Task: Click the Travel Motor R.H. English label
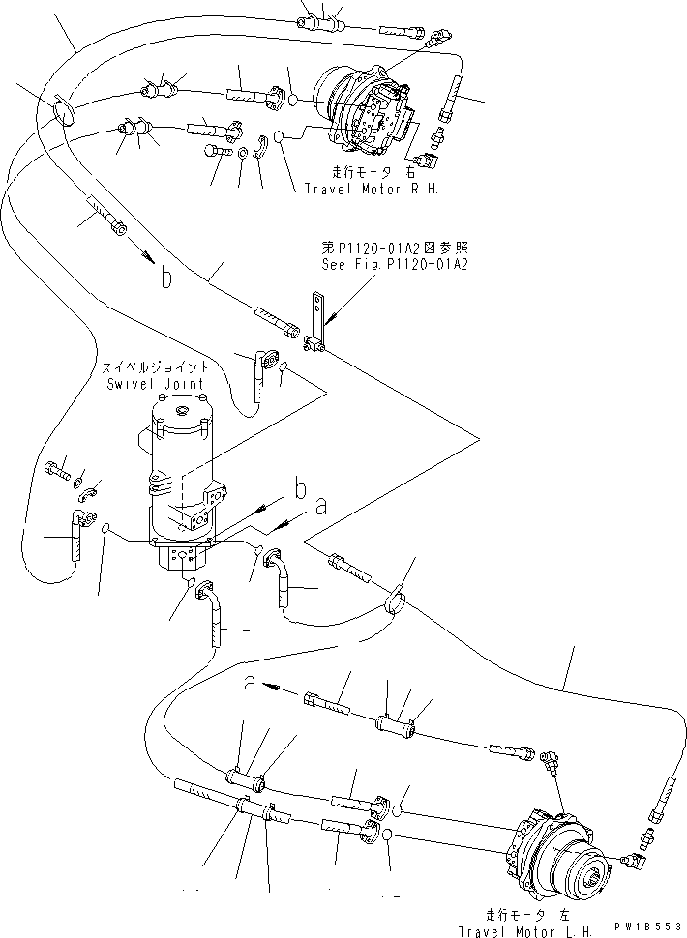pyautogui.click(x=372, y=190)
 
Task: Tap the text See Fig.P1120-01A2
pyautogui.click(x=395, y=264)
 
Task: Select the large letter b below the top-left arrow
pyautogui.click(x=167, y=280)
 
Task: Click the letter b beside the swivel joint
pyautogui.click(x=301, y=490)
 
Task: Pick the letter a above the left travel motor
pyautogui.click(x=250, y=685)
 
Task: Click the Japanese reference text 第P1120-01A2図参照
pyautogui.click(x=394, y=249)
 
